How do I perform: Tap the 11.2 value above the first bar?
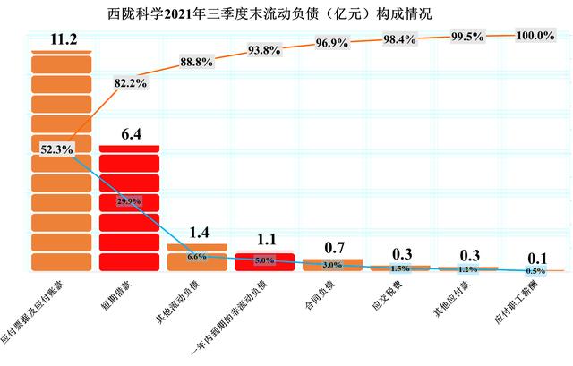point(62,38)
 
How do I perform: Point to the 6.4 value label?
point(130,134)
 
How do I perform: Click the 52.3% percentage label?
point(57,149)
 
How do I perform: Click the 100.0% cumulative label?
point(535,35)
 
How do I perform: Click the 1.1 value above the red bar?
point(265,240)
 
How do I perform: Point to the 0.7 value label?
point(332,247)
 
